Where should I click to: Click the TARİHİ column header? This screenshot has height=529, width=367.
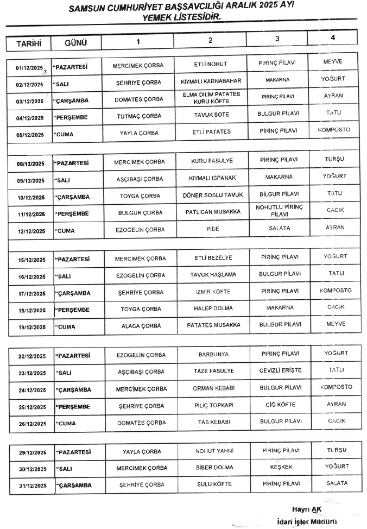click(28, 42)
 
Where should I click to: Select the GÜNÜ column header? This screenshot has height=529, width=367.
click(75, 42)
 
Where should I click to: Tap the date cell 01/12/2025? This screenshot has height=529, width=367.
click(29, 68)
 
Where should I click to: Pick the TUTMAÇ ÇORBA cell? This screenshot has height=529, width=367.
click(139, 116)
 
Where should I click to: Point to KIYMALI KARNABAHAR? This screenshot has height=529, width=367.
click(211, 82)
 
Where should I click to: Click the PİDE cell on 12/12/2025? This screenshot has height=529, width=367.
click(213, 229)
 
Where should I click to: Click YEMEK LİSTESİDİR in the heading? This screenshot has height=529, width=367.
click(181, 18)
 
